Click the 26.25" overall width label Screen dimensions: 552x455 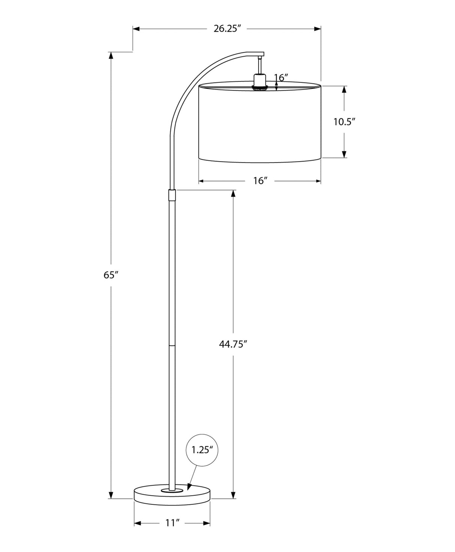[227, 29]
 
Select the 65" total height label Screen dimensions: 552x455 [111, 275]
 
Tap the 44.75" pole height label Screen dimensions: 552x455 [233, 344]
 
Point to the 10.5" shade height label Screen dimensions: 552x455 [344, 122]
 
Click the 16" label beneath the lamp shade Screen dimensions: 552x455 [260, 181]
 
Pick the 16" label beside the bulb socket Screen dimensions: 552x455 [281, 78]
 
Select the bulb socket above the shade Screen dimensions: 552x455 [259, 81]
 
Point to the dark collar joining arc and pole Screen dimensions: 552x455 [172, 195]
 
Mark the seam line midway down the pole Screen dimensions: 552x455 [172, 344]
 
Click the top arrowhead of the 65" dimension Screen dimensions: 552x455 [111, 55]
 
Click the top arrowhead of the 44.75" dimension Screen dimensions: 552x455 [233, 193]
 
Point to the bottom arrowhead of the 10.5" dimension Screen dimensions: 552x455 [344, 154]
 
